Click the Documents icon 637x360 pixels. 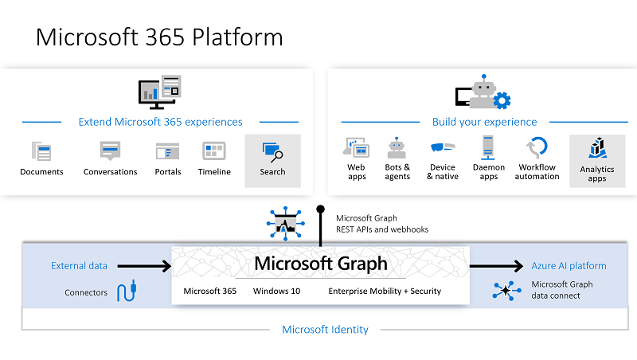point(41,151)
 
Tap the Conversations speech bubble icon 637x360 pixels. point(110,151)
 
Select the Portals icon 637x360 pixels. point(167,151)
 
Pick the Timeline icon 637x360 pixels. point(214,151)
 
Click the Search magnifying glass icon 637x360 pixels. point(272,152)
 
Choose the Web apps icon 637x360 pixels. point(356,147)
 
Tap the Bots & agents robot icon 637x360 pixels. point(397,148)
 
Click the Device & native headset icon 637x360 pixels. point(443,147)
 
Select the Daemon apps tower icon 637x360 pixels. point(488,148)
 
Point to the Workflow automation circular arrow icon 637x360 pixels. point(537,147)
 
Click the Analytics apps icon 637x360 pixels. point(597,148)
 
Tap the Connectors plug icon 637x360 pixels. point(127,291)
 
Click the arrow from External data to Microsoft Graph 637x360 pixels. point(144,266)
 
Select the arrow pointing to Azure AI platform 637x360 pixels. point(496,266)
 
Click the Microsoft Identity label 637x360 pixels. point(325,330)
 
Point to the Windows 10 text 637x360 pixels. point(276,291)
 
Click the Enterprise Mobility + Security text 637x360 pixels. point(385,291)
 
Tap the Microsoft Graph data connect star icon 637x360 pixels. point(506,291)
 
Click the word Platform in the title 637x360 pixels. point(237,37)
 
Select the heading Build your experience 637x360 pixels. point(484,122)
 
